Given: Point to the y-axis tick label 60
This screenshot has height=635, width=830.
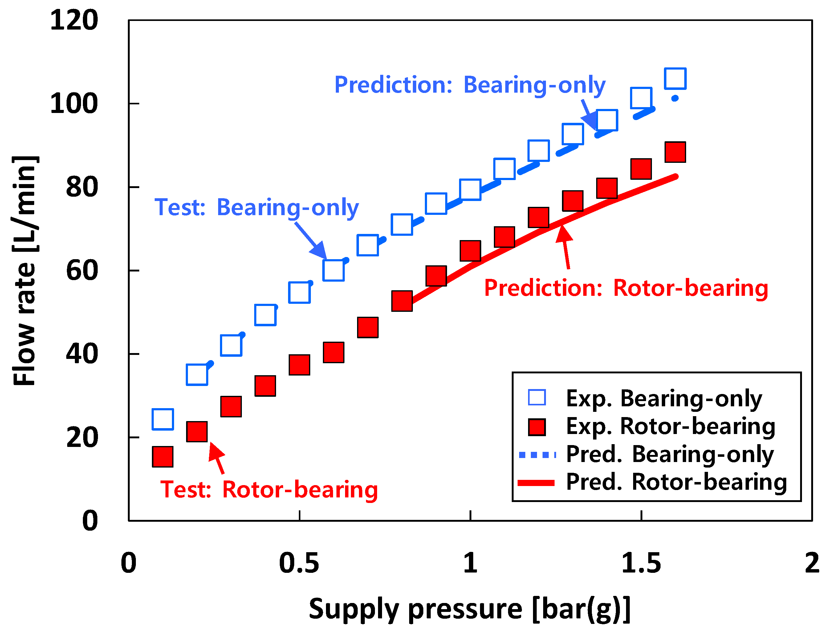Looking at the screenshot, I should (82, 271).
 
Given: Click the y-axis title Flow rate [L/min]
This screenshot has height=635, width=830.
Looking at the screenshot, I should (25, 271).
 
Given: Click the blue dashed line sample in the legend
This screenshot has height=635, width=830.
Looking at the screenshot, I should (536, 455).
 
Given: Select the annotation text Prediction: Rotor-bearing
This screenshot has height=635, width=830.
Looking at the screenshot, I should (626, 288).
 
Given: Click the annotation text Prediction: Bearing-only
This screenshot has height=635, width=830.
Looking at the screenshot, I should (470, 85).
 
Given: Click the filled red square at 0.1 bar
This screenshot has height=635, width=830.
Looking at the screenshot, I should (163, 456).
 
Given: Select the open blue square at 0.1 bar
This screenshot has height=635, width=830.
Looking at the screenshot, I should (163, 419).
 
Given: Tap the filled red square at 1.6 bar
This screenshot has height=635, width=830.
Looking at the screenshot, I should (675, 152).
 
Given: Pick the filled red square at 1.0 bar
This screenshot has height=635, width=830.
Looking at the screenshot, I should (470, 251).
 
